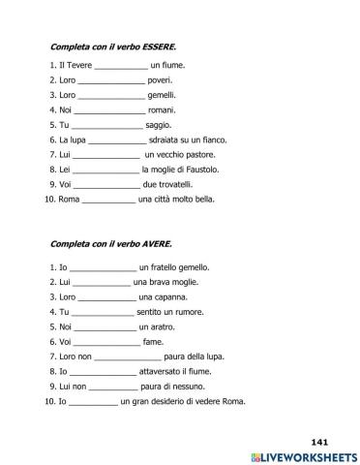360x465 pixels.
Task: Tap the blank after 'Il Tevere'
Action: [x=122, y=66]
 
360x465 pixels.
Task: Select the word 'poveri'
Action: [x=160, y=81]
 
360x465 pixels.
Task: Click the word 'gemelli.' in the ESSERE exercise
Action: [x=162, y=96]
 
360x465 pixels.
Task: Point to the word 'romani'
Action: [x=162, y=111]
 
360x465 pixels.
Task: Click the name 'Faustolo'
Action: [x=200, y=170]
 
